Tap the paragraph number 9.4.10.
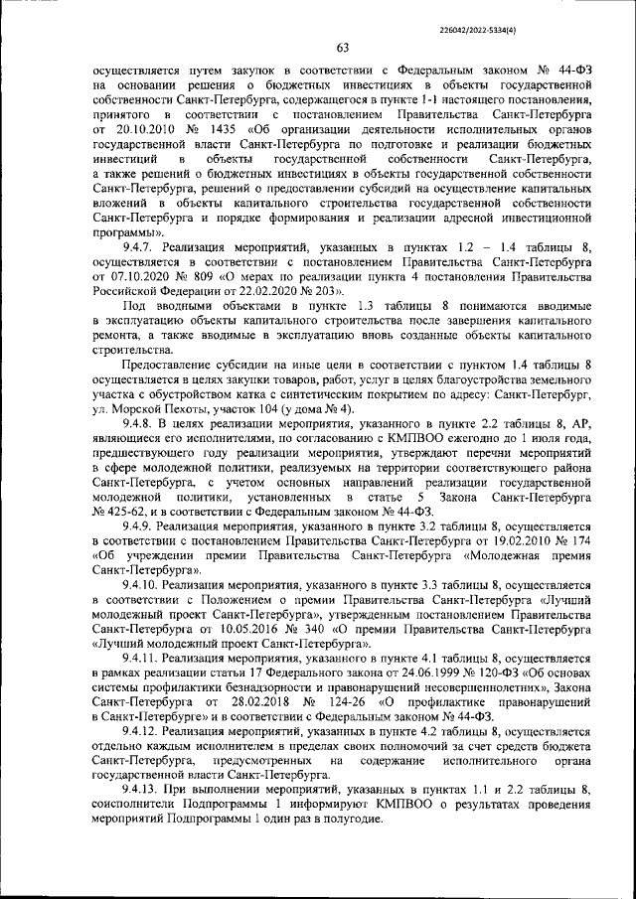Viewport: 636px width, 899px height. click(x=144, y=586)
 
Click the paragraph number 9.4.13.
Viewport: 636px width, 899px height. click(x=144, y=790)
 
